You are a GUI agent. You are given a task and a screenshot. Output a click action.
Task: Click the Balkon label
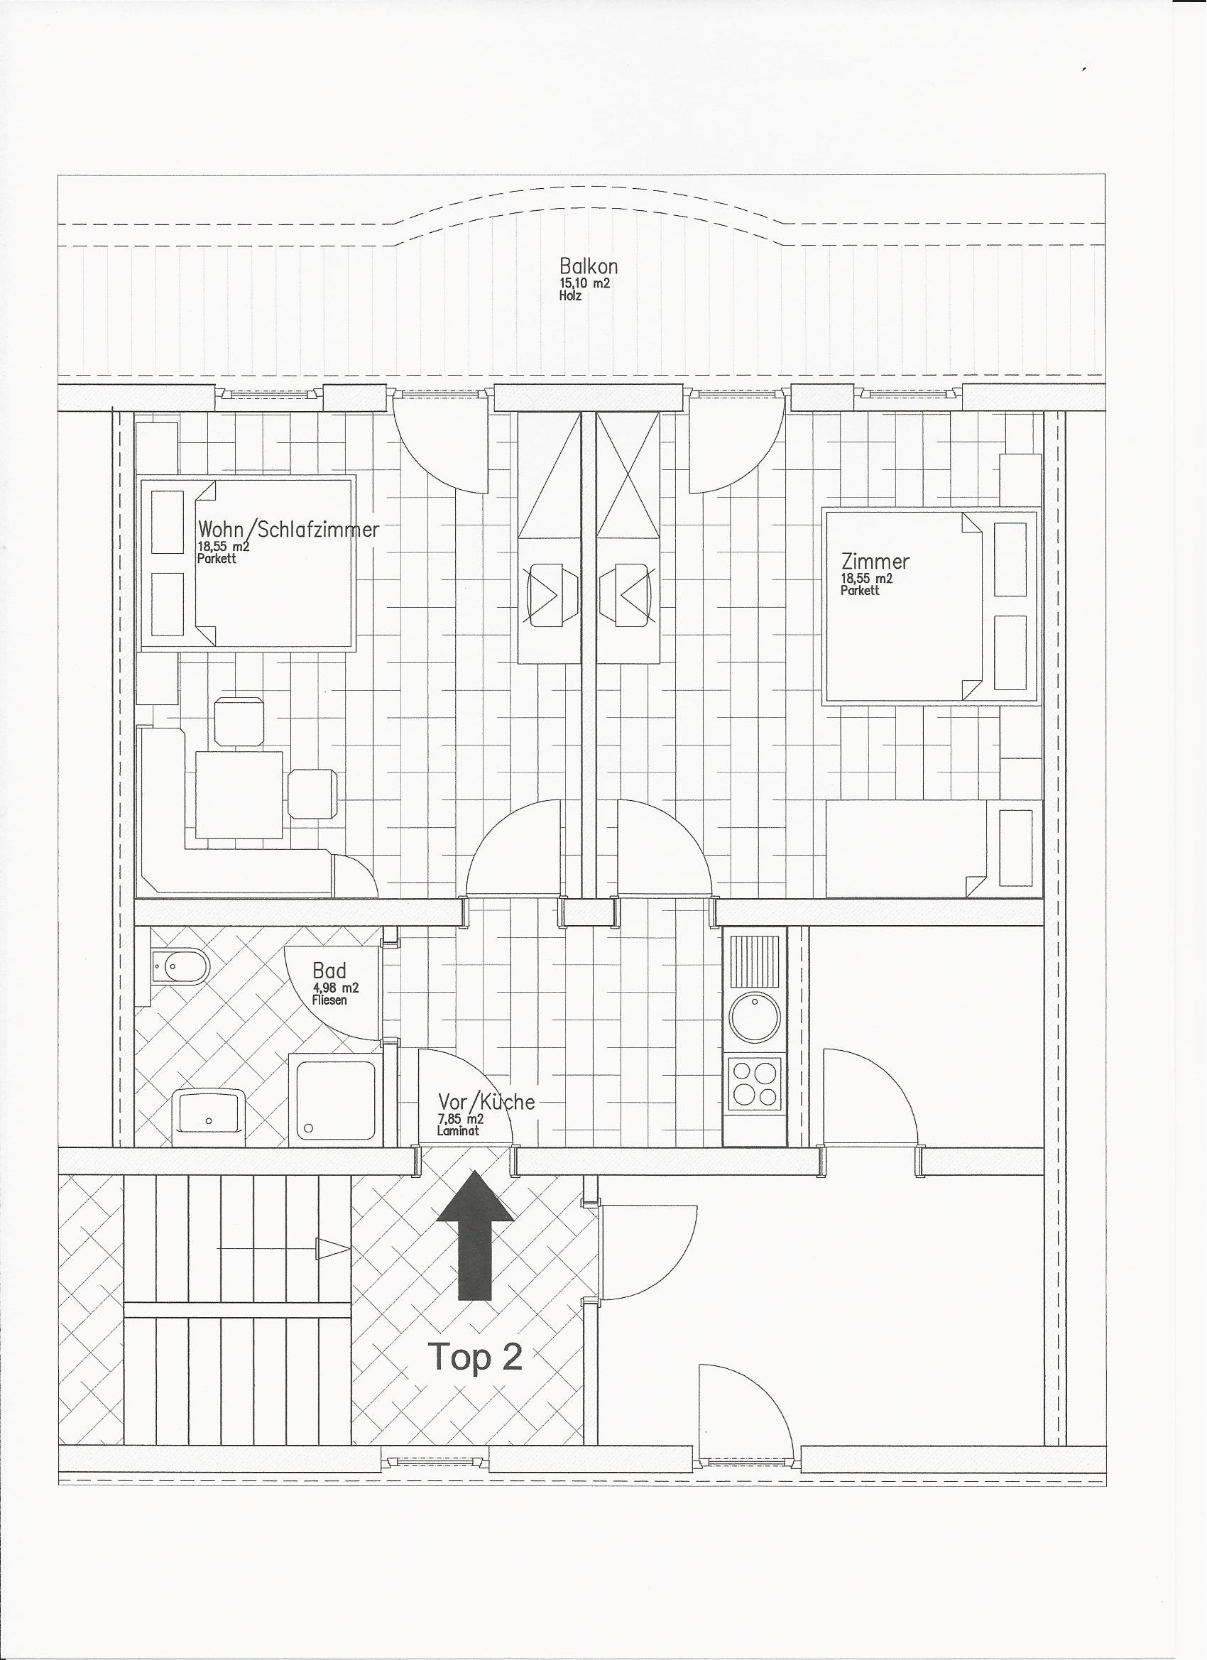point(588,265)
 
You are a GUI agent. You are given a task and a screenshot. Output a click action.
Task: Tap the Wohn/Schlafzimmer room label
point(288,529)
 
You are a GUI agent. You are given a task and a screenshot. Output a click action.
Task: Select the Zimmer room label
point(875,562)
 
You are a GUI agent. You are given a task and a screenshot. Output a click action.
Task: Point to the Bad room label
point(329,971)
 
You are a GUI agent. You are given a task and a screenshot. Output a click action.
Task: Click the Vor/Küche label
point(486,1101)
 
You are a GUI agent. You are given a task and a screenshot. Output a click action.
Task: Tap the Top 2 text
point(475,1356)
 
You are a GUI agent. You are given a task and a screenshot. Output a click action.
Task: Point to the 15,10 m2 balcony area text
point(584,284)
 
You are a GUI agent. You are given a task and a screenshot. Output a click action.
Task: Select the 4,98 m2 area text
point(334,988)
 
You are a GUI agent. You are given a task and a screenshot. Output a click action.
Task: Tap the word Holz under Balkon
point(570,297)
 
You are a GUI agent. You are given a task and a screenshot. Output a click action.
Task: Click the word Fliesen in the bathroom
point(329,1000)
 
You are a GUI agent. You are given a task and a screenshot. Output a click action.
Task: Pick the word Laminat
point(457,1131)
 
